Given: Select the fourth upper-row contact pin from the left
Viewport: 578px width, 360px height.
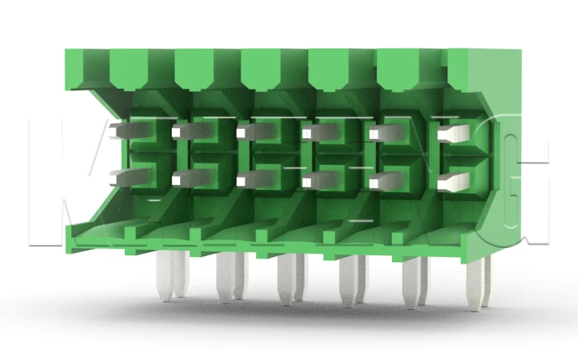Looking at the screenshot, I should click(317, 131).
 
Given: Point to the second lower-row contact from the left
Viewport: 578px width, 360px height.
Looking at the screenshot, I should click(186, 177).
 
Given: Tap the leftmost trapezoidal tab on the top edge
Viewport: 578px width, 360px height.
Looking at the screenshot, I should click(128, 67).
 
